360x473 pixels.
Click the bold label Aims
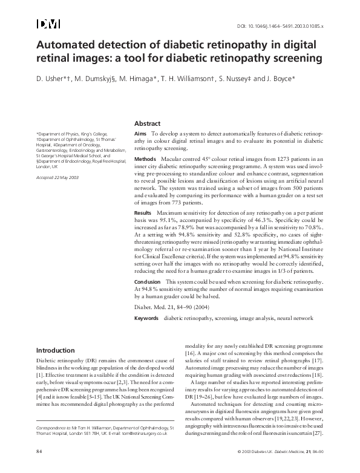tap(140, 132)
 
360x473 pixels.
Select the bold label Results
tap(143, 213)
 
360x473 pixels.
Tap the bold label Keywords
tap(146, 318)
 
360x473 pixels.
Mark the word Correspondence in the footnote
tap(51, 427)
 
